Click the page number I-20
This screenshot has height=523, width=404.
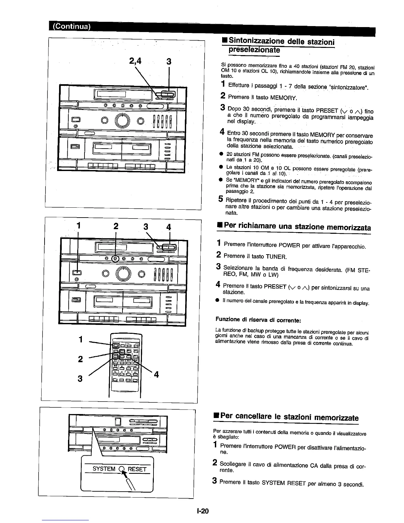[x=202, y=511]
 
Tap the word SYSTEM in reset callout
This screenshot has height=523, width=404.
[x=104, y=469]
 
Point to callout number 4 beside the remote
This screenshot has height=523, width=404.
[x=156, y=374]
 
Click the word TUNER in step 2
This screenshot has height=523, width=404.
[x=276, y=256]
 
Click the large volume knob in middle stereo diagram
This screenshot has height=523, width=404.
[x=122, y=273]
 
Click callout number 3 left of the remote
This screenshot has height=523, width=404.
[x=80, y=379]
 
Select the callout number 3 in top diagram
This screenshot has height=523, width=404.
[x=169, y=61]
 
